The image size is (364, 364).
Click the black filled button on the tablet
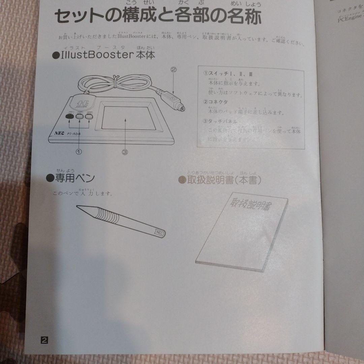pos(70,117)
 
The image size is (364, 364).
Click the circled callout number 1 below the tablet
pos(79,152)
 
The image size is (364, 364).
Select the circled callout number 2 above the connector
pos(174,70)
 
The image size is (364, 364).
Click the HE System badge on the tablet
pos(80,101)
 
